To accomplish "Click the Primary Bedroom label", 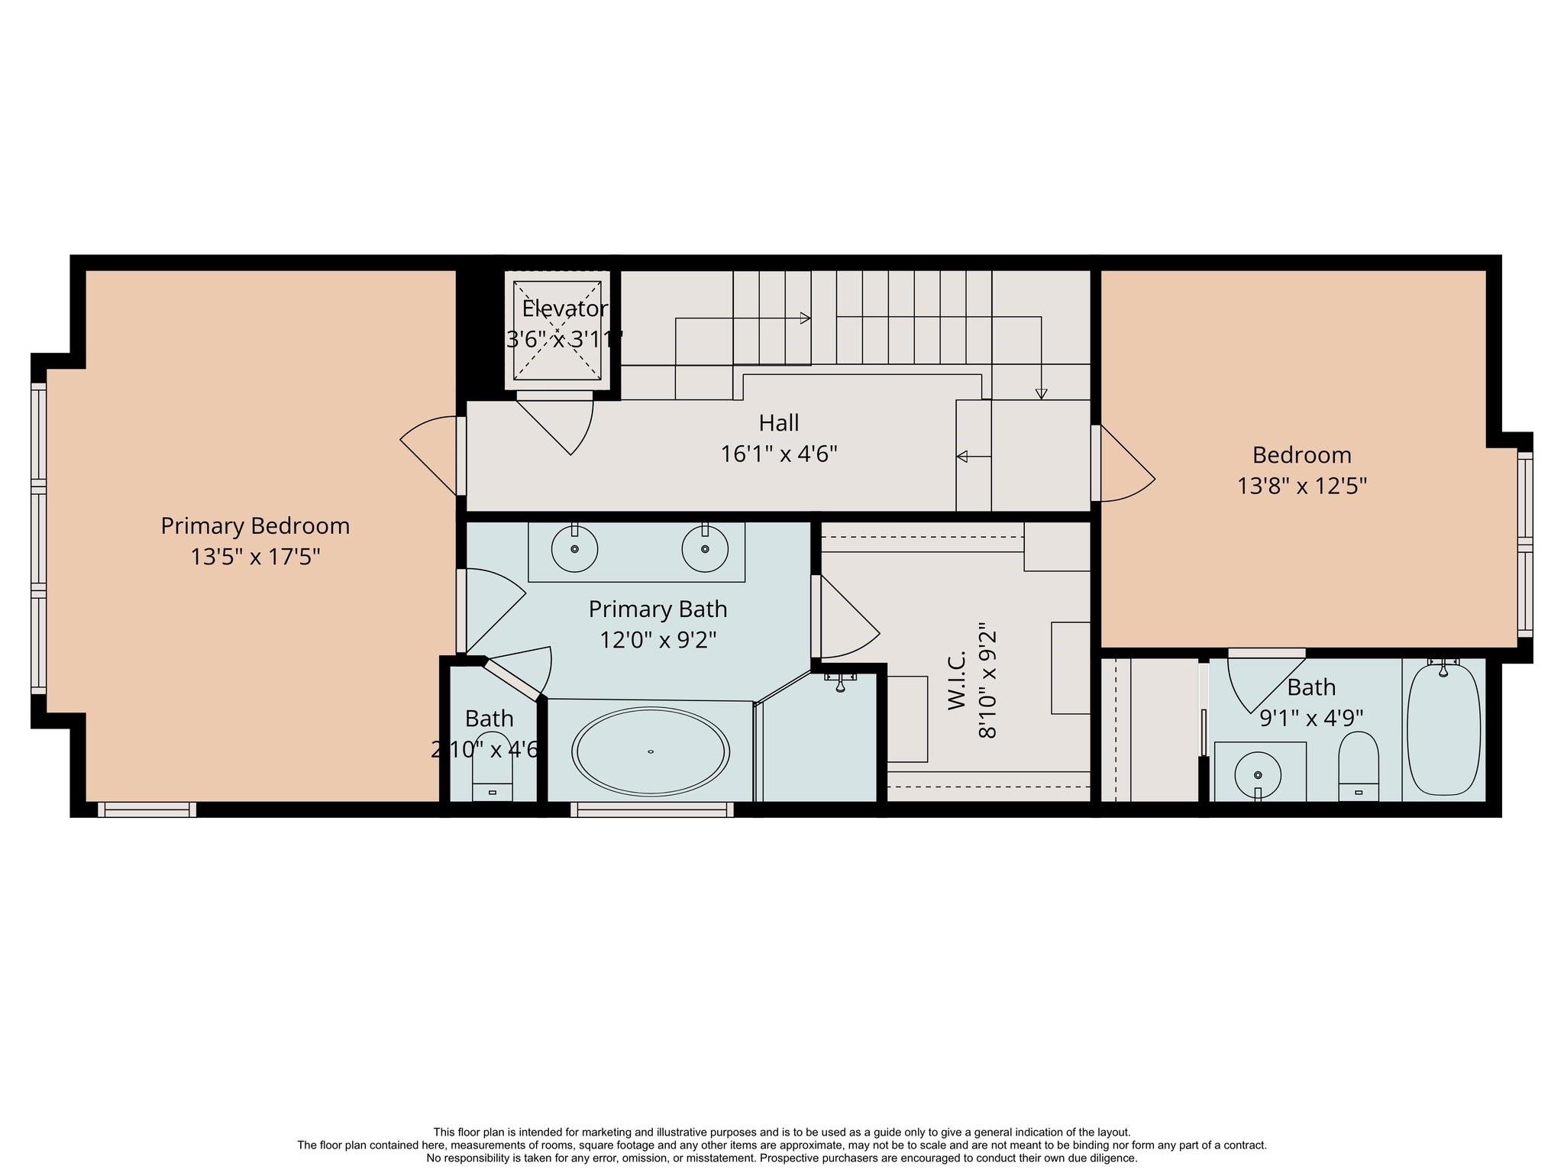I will coord(255,526).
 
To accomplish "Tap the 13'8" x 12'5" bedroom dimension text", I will coord(1301,486).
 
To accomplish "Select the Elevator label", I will coord(564,309).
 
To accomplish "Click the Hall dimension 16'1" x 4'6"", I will coord(779,454).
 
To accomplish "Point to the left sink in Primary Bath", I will coord(574,549).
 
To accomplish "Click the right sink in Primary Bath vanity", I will coord(704,549).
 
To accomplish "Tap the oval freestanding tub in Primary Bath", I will coord(651,751).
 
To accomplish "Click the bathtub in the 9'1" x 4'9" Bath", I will coord(1443,729).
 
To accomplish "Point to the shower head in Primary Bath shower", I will coord(840,682).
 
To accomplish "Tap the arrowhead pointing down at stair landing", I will coord(1041,394).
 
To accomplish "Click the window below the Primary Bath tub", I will coord(651,809).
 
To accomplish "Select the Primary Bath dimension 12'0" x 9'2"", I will coord(658,640).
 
